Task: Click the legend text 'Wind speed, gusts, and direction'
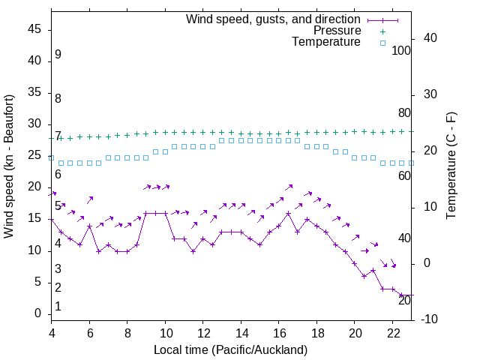pyautogui.click(x=273, y=19)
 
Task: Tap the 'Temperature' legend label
pyautogui.click(x=326, y=42)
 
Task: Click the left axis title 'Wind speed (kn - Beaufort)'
pyautogui.click(x=9, y=166)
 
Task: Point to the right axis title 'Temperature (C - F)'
pyautogui.click(x=451, y=166)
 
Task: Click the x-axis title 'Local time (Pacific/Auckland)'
pyautogui.click(x=230, y=349)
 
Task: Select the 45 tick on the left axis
pyautogui.click(x=34, y=30)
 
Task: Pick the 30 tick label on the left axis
pyautogui.click(x=34, y=124)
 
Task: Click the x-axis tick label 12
pyautogui.click(x=202, y=332)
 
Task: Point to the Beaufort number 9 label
pyautogui.click(x=58, y=55)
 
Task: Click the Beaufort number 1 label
pyautogui.click(x=58, y=306)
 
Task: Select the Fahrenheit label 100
pyautogui.click(x=401, y=51)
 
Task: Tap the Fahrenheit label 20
pyautogui.click(x=404, y=300)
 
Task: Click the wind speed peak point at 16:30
pyautogui.click(x=288, y=213)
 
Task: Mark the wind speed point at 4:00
pyautogui.click(x=52, y=220)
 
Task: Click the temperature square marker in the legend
pyautogui.click(x=382, y=43)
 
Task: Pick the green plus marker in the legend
pyautogui.click(x=382, y=31)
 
